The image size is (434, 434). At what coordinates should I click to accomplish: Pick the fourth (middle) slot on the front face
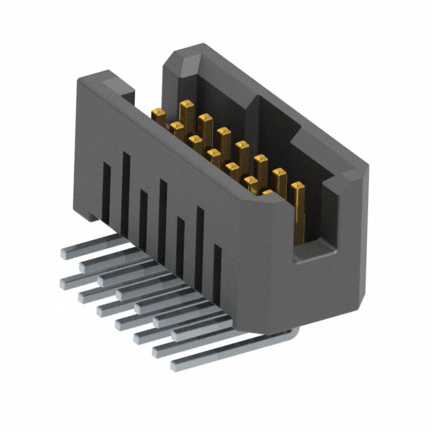point(163,203)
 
